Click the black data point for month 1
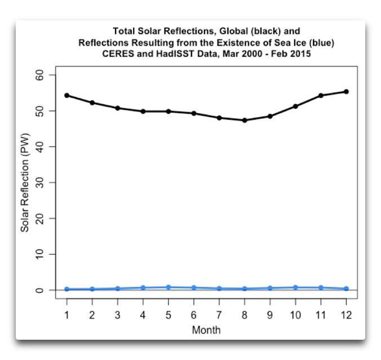67,95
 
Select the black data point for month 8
245,120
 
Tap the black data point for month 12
346,91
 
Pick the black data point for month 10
295,106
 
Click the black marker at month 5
169,112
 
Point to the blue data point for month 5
169,287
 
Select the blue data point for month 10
295,287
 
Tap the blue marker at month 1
67,289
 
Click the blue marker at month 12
346,288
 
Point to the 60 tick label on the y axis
47,75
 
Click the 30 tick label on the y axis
47,183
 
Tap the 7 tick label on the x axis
219,315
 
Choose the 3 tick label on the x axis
117,315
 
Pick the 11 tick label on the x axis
321,315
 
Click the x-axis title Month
206,330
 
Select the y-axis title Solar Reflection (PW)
25,183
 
